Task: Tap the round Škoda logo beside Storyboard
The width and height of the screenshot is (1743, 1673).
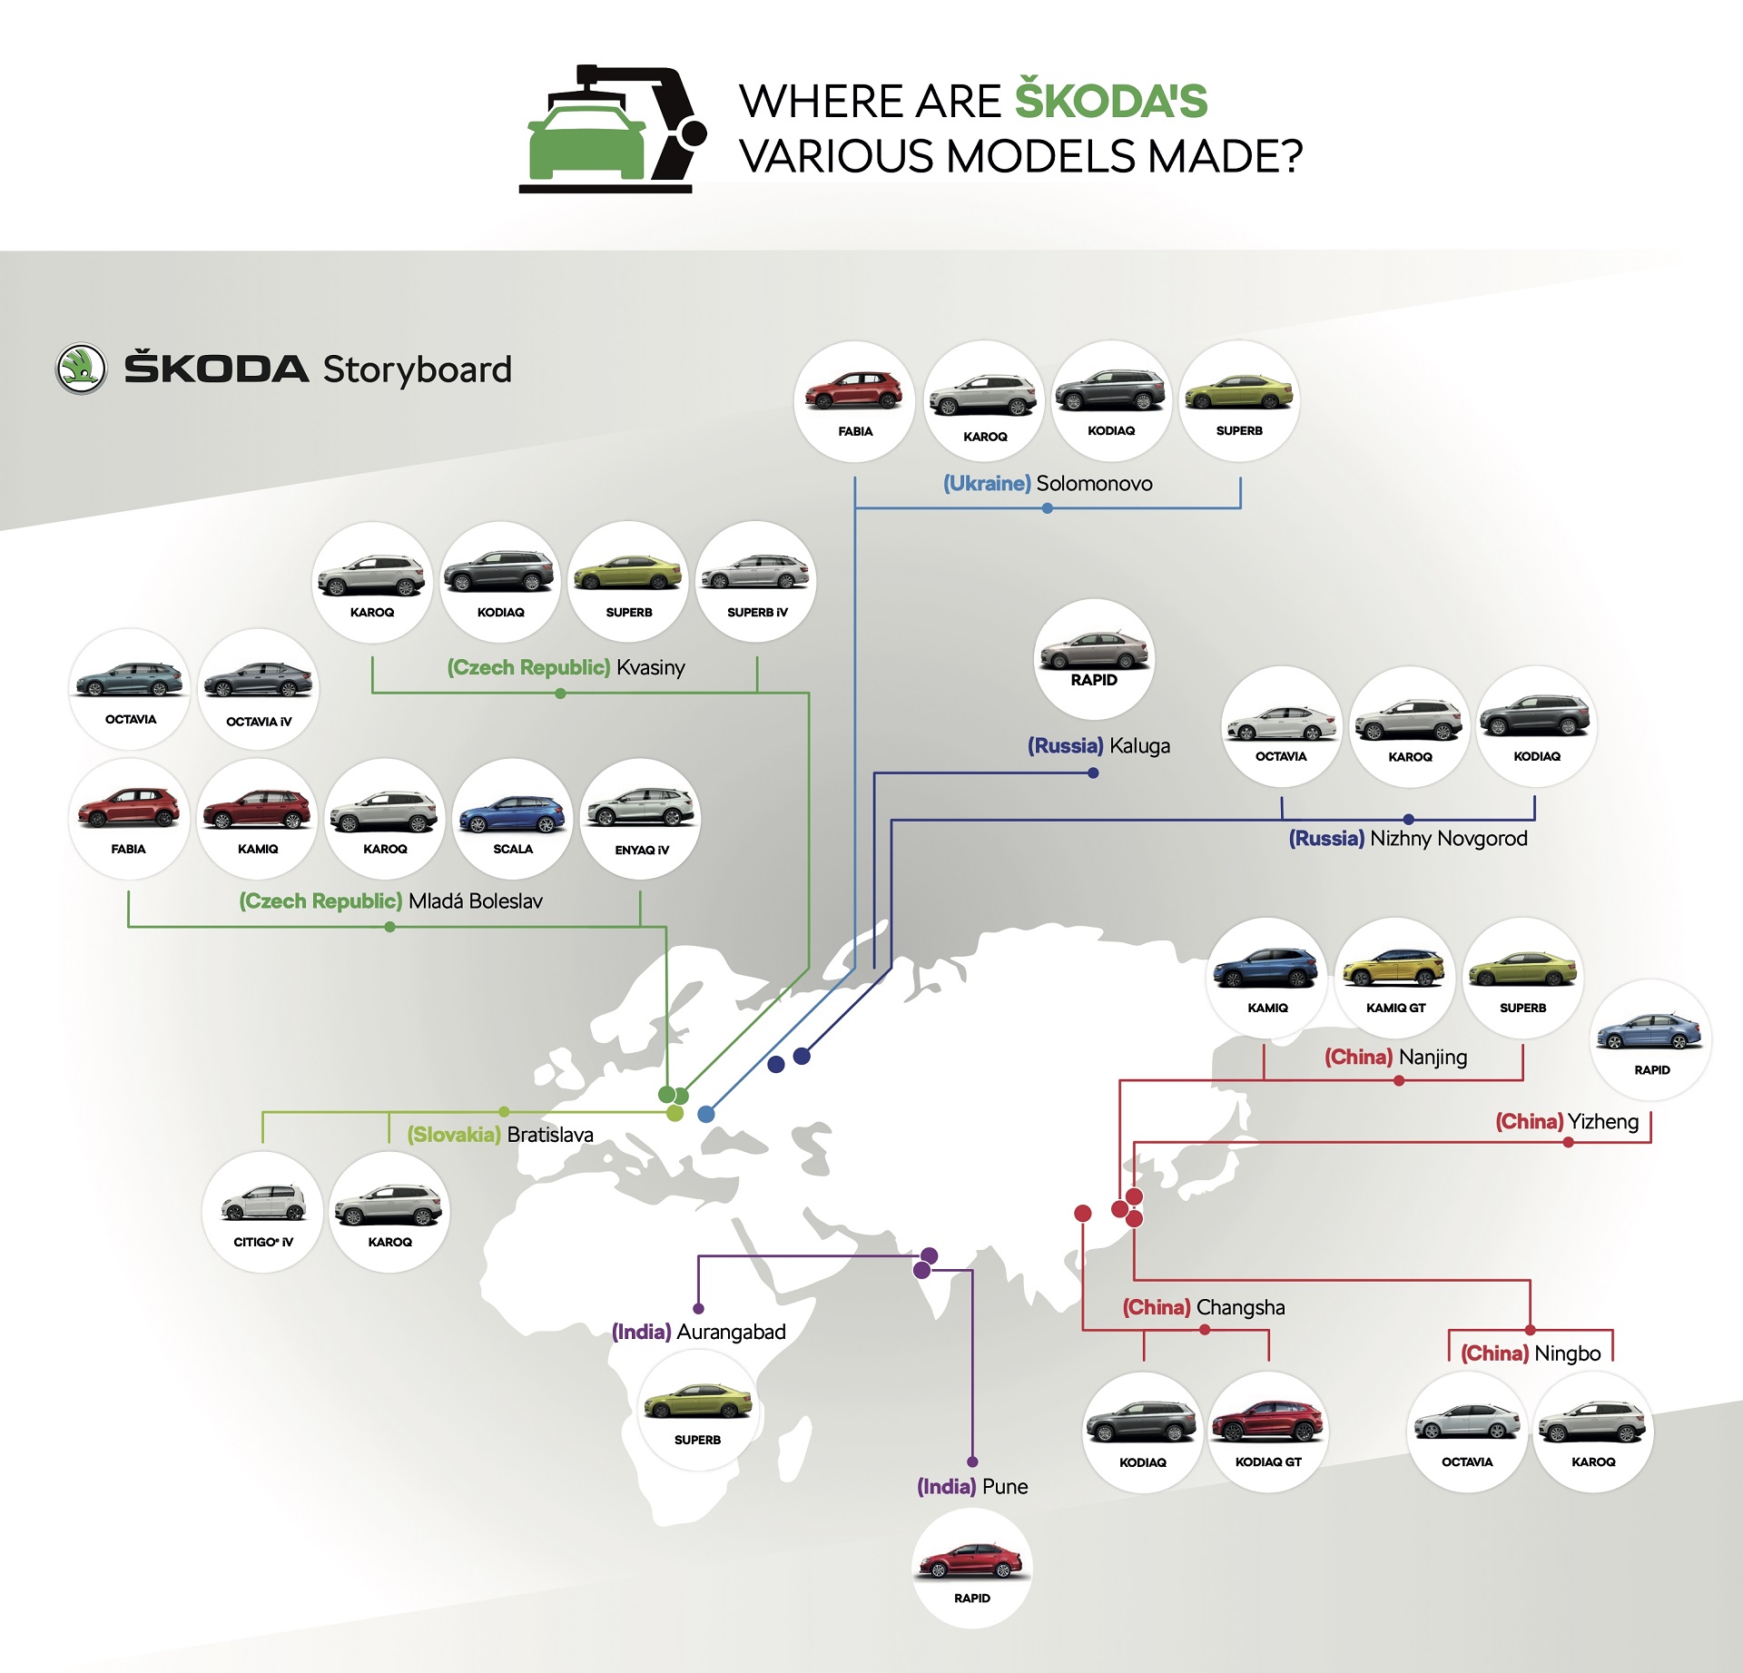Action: pos(82,369)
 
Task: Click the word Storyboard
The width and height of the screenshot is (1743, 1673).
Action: pos(417,369)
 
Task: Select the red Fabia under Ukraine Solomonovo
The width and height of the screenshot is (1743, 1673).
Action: pos(853,391)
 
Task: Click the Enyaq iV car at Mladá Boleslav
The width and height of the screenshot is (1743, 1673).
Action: pos(641,808)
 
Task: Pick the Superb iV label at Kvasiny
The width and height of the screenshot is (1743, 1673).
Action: pos(757,613)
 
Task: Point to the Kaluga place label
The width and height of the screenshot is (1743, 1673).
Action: pos(1139,746)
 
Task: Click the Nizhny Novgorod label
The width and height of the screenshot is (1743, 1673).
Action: pos(1448,839)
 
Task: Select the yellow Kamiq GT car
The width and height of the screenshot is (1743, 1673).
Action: pos(1395,969)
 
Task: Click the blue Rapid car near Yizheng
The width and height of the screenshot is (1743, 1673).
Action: pos(1650,1032)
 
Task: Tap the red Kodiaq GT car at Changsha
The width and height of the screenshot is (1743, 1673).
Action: pos(1268,1422)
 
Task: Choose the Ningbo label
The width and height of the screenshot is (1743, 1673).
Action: pos(1567,1353)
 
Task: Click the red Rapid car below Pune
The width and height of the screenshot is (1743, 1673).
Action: pos(971,1561)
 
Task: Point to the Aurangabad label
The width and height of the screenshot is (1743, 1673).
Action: pos(731,1332)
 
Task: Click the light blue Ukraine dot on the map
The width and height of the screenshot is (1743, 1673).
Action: pos(705,1114)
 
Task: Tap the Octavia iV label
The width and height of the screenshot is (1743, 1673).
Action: pos(259,723)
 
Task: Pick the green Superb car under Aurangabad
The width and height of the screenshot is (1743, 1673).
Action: pos(697,1403)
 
